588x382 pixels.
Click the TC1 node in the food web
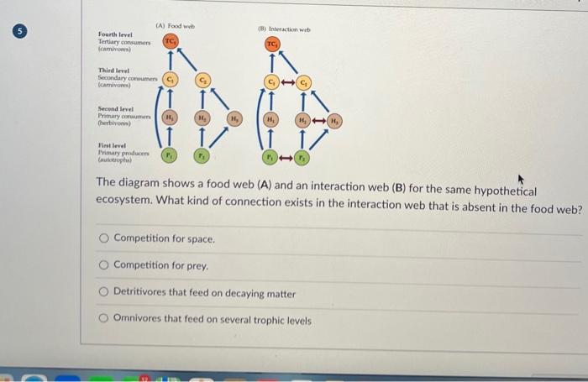point(171,41)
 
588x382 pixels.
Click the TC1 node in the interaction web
point(272,44)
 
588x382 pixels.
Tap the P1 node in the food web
point(171,155)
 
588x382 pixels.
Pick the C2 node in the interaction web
point(304,82)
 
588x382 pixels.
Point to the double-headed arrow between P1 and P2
point(286,157)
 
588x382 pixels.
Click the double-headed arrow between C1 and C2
point(287,82)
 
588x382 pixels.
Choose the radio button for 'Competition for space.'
point(103,239)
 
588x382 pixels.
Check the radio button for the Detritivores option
point(103,294)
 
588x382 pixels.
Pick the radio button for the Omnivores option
point(103,321)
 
